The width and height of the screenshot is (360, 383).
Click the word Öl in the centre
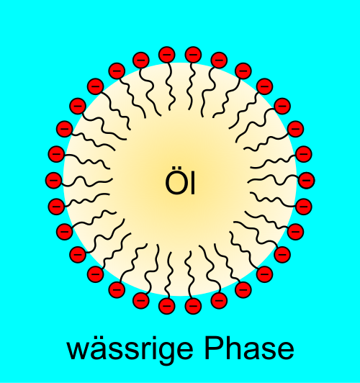pyautogui.click(x=180, y=181)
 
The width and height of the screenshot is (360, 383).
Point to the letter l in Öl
pyautogui.click(x=193, y=181)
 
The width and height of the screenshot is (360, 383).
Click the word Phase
pyautogui.click(x=249, y=348)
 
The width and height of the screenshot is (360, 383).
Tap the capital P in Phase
pyautogui.click(x=214, y=348)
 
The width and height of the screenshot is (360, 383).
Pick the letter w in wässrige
pyautogui.click(x=78, y=351)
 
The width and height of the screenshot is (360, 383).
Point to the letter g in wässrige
pyautogui.click(x=163, y=353)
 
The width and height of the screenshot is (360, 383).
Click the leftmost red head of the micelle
pyautogui.click(x=53, y=180)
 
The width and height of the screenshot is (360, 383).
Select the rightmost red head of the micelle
pyautogui.click(x=307, y=180)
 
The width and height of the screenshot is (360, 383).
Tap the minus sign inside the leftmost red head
pyautogui.click(x=53, y=180)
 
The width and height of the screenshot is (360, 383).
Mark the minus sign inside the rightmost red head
pyautogui.click(x=307, y=180)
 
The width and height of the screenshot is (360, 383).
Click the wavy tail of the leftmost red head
pyautogui.click(x=86, y=182)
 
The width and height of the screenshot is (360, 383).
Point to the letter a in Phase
pyautogui.click(x=253, y=351)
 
